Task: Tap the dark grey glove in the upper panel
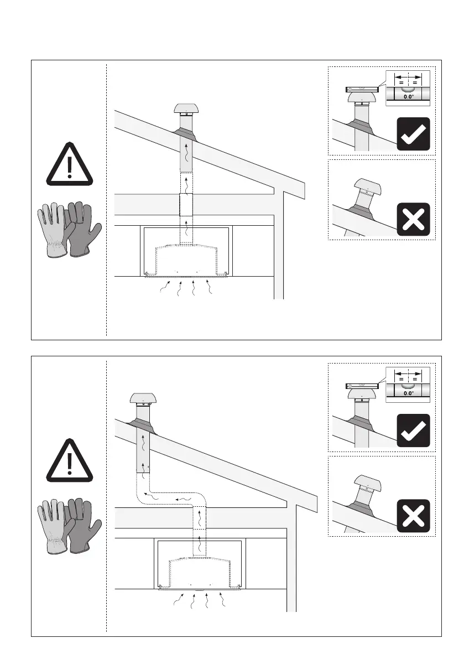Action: click(83, 229)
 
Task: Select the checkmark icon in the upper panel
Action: click(413, 134)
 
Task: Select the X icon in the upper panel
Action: click(413, 219)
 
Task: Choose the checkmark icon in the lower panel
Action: click(413, 430)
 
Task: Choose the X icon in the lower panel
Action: click(413, 516)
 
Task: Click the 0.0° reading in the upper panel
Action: click(408, 97)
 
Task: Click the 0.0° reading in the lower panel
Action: click(408, 393)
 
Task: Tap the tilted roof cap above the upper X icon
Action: click(367, 187)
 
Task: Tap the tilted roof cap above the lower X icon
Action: click(367, 484)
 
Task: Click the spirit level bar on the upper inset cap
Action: click(362, 89)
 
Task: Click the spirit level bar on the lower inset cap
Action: click(362, 386)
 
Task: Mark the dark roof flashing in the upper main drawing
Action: click(185, 133)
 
